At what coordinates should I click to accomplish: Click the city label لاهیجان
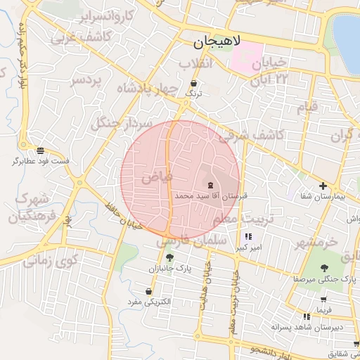217,42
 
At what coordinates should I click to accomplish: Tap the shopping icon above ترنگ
193,83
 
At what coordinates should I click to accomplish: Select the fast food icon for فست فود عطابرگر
40,150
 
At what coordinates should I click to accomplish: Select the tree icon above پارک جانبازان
169,257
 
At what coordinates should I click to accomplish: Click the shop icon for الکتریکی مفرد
148,291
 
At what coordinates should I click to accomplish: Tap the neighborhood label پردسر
86,80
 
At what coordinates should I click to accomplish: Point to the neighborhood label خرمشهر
316,243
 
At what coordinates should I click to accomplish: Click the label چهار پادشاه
140,90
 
